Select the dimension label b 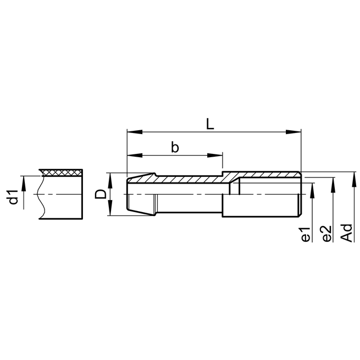click(x=175, y=147)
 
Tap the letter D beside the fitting click(x=100, y=194)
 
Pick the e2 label click(x=326, y=234)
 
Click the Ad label click(x=346, y=232)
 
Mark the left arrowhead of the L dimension click(x=131, y=132)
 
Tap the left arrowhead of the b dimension click(x=131, y=156)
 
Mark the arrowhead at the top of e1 click(x=312, y=185)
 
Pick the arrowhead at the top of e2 click(x=333, y=181)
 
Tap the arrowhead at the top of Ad click(x=352, y=175)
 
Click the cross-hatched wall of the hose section click(x=62, y=173)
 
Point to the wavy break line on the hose click(x=41, y=195)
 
